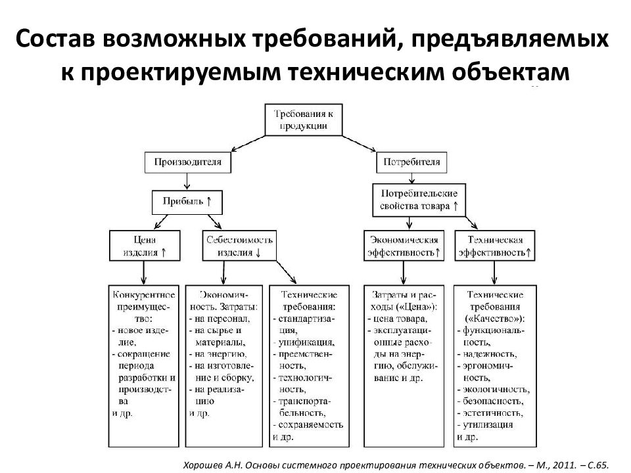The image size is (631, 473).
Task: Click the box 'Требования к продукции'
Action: point(304,119)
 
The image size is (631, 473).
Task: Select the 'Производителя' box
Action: point(188,161)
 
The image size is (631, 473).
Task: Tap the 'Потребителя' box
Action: point(413,161)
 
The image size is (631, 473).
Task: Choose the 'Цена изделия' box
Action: point(144,246)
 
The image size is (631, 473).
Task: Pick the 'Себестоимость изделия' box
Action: point(239,246)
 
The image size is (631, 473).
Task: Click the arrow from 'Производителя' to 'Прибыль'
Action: point(187,181)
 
